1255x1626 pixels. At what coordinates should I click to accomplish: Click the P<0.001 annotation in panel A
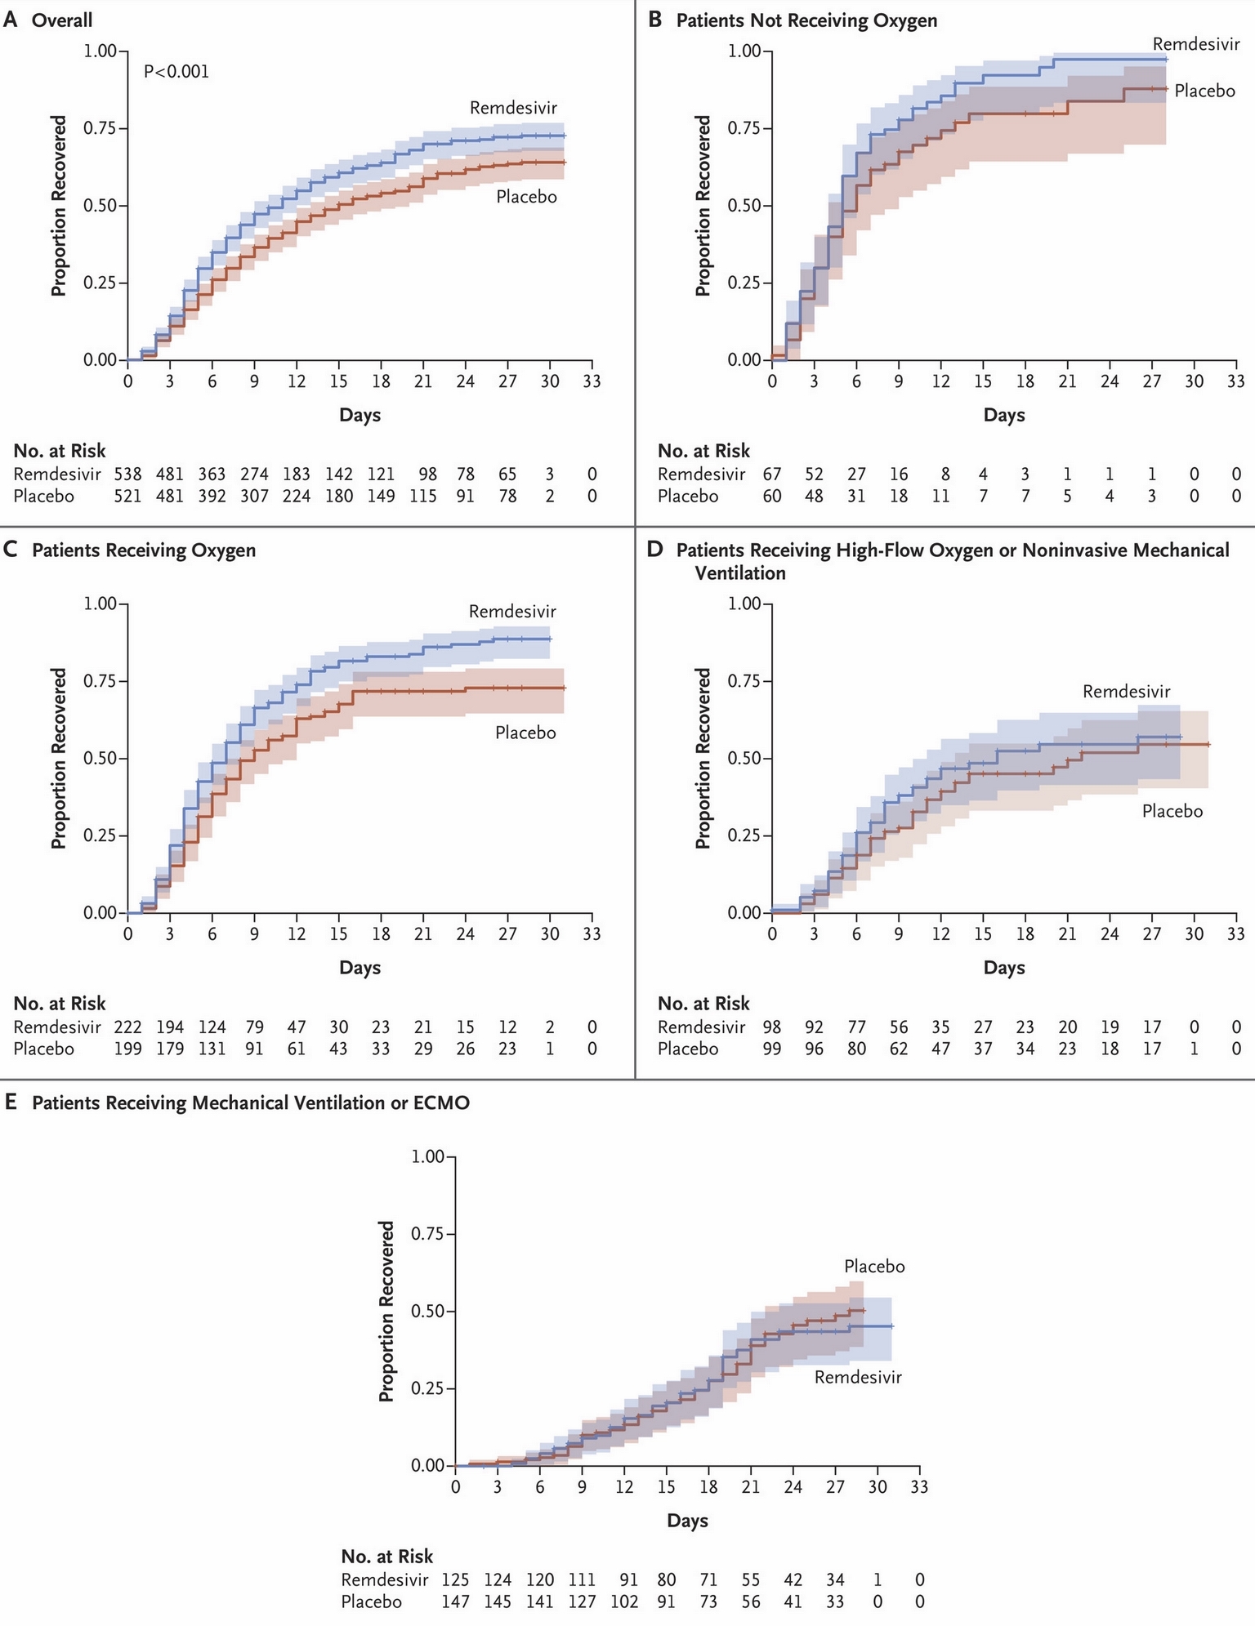[176, 72]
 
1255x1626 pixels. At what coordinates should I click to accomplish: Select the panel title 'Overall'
[62, 20]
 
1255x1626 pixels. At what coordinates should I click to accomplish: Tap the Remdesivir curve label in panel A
[513, 108]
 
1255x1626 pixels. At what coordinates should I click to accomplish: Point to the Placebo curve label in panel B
[1204, 91]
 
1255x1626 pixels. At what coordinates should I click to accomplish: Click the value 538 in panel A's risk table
[127, 474]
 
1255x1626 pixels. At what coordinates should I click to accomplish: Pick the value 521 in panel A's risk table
[127, 496]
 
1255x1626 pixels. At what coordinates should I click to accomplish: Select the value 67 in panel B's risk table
[771, 474]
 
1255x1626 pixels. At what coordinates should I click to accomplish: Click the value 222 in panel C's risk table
[127, 1027]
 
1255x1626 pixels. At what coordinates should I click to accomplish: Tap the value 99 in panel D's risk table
[771, 1049]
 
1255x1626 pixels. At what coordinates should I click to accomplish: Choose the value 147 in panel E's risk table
[455, 1601]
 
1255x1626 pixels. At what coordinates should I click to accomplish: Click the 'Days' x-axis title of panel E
[687, 1521]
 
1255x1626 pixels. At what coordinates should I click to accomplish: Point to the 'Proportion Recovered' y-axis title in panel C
[59, 758]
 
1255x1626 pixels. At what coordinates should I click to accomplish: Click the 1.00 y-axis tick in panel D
[744, 604]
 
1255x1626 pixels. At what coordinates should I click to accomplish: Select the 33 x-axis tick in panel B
[1236, 381]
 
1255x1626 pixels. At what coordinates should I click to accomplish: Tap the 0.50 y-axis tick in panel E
[427, 1311]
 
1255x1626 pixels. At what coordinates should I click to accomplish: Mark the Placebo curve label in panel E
[874, 1267]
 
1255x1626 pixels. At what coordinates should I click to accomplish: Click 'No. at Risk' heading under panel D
[703, 1003]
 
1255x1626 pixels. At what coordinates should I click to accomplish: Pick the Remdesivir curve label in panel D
[1127, 692]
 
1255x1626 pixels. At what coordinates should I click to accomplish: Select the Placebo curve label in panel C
[525, 733]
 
